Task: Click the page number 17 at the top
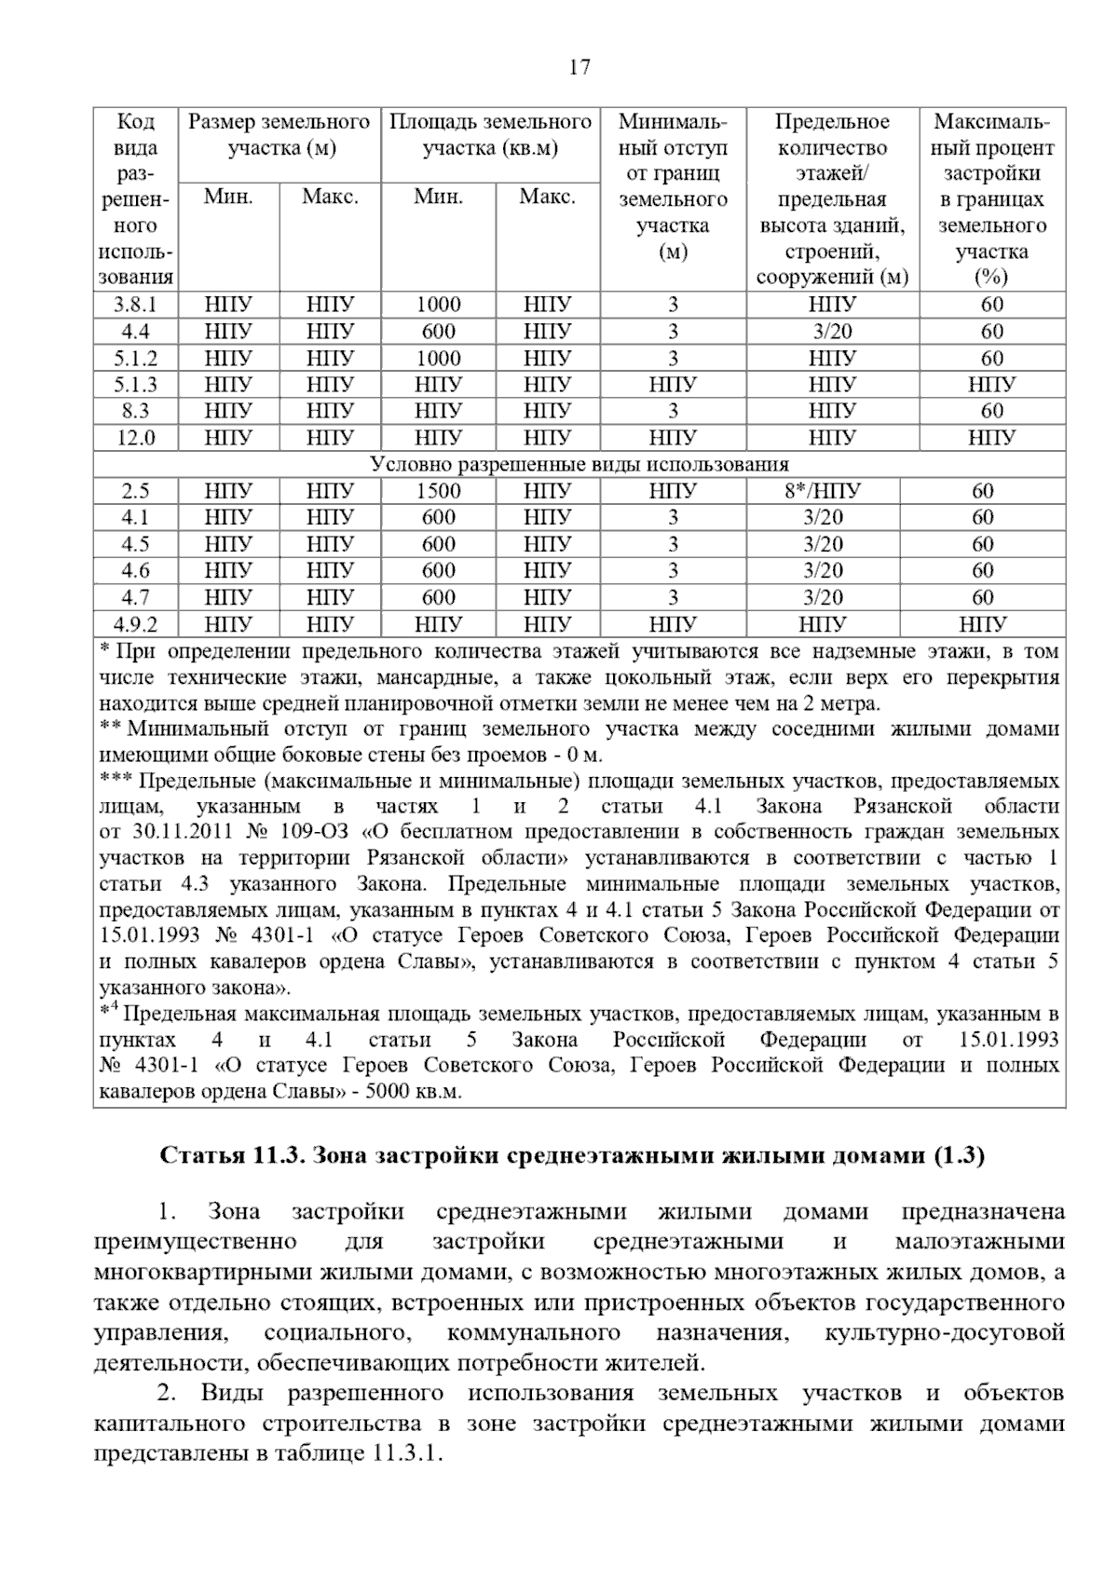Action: (579, 68)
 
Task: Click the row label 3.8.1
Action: (135, 305)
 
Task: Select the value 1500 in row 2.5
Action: (438, 491)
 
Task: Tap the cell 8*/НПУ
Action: (823, 491)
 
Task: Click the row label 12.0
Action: (135, 437)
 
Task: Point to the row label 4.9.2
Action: (135, 624)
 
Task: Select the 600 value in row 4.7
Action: (438, 597)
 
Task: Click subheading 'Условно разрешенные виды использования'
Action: (579, 464)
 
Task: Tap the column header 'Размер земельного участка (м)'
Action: (279, 134)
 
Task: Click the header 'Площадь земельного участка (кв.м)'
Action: (490, 134)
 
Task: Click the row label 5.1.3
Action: (135, 384)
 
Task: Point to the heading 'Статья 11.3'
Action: (232, 1156)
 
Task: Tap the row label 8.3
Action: (135, 411)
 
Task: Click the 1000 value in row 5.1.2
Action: (438, 358)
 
